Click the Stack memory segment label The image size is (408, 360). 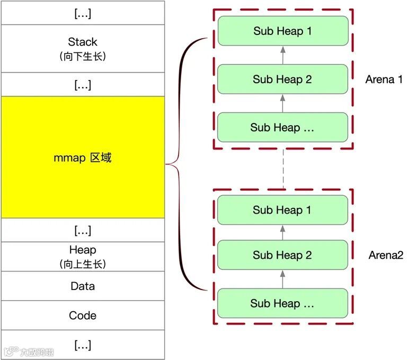[x=83, y=42]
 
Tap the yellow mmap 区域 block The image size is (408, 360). [x=83, y=157]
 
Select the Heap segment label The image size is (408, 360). [x=83, y=250]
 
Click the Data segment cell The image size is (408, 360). [x=83, y=286]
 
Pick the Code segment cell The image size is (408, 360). [x=83, y=315]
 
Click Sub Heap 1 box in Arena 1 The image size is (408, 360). [x=282, y=31]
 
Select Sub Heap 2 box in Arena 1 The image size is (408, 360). [x=282, y=80]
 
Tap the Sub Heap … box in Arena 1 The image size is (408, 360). [x=282, y=127]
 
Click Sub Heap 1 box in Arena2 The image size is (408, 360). [x=282, y=210]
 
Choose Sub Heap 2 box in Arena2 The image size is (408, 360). [x=282, y=255]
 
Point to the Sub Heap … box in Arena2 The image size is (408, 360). [x=282, y=303]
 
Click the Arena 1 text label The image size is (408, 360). [x=384, y=80]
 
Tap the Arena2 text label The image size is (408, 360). [x=386, y=255]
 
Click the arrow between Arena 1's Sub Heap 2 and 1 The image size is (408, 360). [x=282, y=55]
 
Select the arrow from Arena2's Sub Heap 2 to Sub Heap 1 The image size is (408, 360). [x=282, y=232]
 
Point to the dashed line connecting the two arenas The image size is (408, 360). [x=283, y=169]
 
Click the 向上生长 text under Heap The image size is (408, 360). [x=83, y=264]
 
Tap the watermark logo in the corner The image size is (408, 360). [x=29, y=351]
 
